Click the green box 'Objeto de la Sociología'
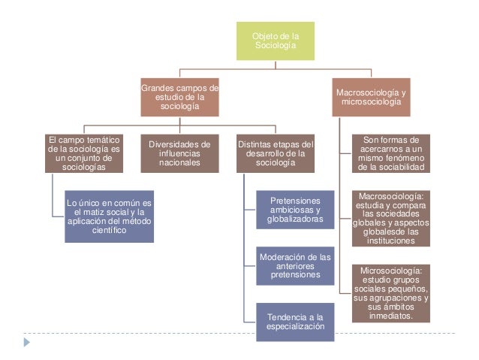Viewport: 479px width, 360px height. coord(275,41)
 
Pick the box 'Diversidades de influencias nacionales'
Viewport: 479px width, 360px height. coord(179,153)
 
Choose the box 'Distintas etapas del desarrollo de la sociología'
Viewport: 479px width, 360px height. coord(275,153)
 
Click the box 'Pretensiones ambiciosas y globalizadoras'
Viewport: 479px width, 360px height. coord(295,212)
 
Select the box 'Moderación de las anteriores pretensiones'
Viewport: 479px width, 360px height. coord(295,266)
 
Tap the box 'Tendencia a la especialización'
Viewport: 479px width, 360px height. coord(295,321)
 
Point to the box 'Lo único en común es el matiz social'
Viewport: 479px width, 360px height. coord(109,216)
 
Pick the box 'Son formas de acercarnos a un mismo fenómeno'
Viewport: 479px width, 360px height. coord(391,153)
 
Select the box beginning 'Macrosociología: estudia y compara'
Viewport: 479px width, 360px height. coord(391,219)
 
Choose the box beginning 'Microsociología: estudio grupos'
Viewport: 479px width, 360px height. coord(391,292)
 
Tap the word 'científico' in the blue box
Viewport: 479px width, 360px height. coord(110,231)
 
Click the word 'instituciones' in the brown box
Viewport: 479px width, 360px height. coord(391,241)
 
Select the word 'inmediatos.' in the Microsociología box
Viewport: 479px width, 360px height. coord(391,316)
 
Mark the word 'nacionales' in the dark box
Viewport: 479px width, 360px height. coord(179,162)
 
